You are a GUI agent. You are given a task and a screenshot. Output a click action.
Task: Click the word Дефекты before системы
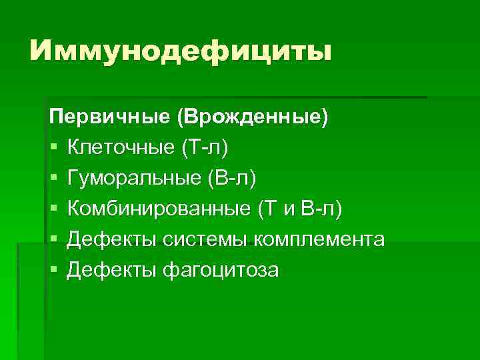(111, 239)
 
